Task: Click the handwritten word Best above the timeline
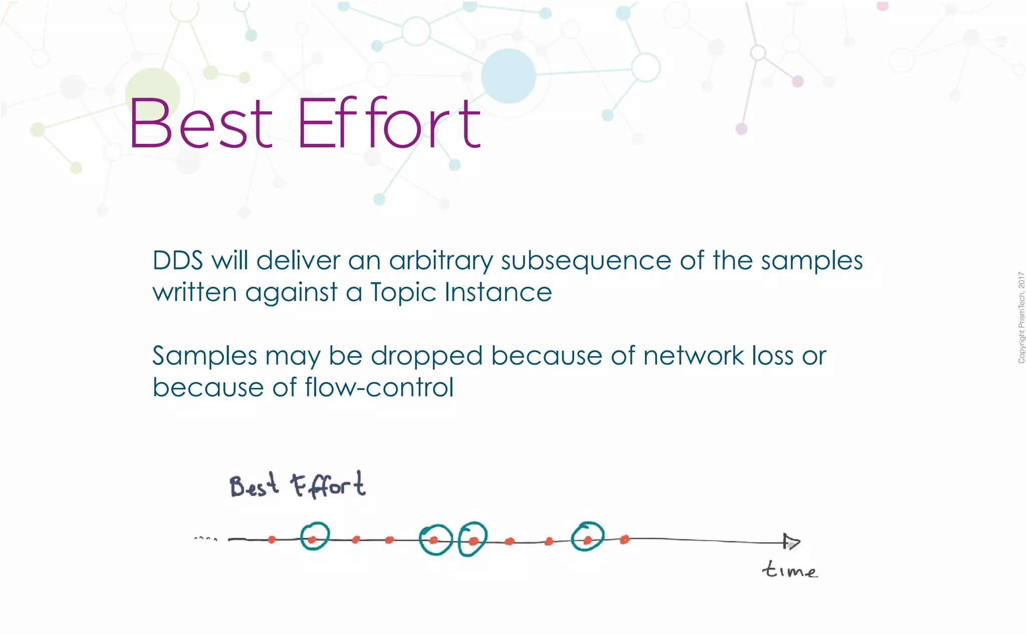click(x=253, y=486)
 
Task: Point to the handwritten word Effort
click(x=328, y=485)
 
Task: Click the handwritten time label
click(x=790, y=570)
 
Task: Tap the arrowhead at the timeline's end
click(x=792, y=542)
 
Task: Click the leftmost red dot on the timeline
click(x=272, y=540)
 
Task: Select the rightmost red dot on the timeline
click(x=624, y=540)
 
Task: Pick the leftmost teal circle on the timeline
click(x=315, y=536)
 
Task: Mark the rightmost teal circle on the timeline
click(x=588, y=537)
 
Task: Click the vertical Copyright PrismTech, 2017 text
click(x=1021, y=318)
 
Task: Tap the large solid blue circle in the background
click(x=508, y=76)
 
